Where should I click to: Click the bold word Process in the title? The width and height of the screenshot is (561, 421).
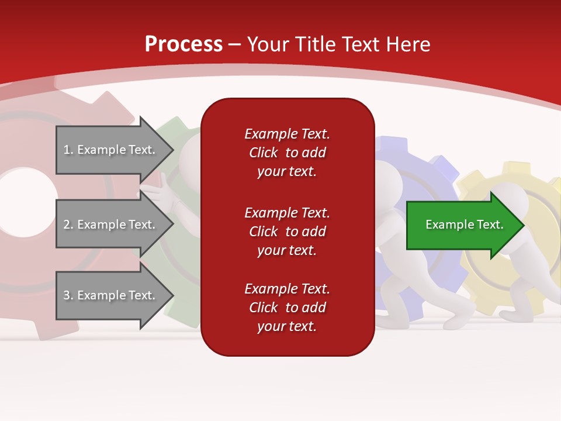pos(183,44)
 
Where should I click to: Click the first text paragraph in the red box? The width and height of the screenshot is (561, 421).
pos(287,153)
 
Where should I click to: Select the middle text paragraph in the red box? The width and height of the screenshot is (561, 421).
pos(287,232)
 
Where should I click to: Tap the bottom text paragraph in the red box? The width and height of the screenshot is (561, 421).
pos(287,308)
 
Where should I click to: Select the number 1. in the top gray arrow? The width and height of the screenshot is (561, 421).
pos(68,150)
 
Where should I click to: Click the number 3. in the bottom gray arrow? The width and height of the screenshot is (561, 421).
pos(68,295)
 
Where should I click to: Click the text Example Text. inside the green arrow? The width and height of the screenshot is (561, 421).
pos(464,225)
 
